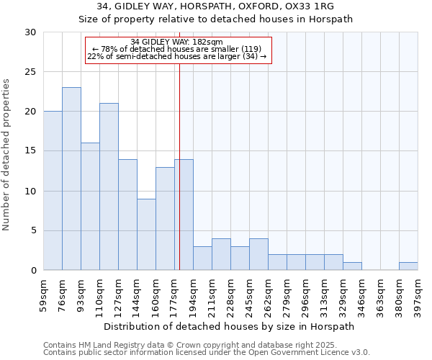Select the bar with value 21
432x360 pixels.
(x=109, y=186)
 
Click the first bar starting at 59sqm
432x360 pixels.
(x=53, y=191)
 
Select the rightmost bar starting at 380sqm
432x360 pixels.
(x=408, y=266)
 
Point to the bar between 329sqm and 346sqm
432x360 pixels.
(x=352, y=266)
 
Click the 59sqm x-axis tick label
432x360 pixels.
(x=44, y=295)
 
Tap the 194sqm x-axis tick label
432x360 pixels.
(x=194, y=295)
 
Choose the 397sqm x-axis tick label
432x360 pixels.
(x=418, y=295)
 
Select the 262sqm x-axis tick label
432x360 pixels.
(x=269, y=295)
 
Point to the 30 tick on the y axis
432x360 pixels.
(x=30, y=32)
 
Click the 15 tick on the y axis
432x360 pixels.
(x=30, y=151)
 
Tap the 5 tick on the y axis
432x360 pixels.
(x=33, y=230)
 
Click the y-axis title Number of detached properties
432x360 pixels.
(x=7, y=151)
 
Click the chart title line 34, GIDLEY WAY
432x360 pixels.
(x=215, y=6)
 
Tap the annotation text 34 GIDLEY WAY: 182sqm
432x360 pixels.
(x=177, y=42)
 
